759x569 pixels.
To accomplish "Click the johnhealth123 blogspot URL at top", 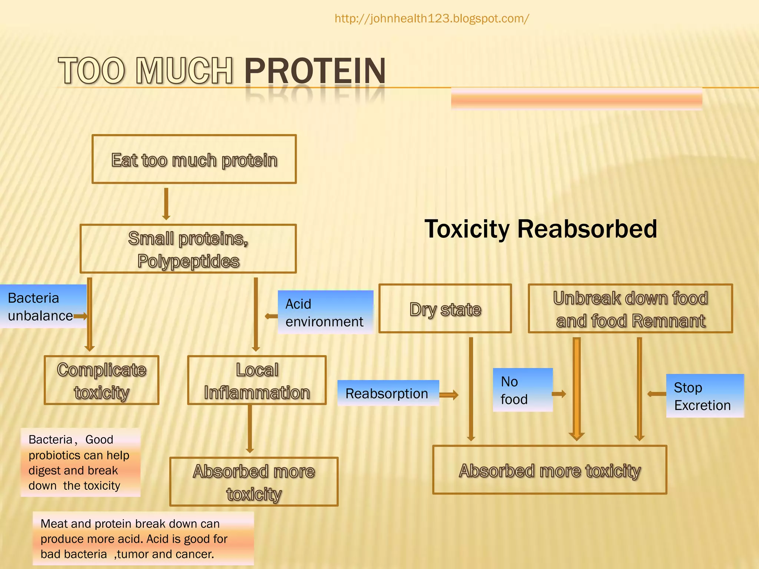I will pyautogui.click(x=432, y=19).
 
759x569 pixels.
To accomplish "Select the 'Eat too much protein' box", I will pyautogui.click(x=194, y=159).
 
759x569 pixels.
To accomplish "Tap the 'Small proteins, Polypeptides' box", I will pyautogui.click(x=188, y=249).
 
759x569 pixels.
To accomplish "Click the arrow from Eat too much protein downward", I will pyautogui.click(x=166, y=204).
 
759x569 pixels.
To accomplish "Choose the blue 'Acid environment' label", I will pyautogui.click(x=325, y=312).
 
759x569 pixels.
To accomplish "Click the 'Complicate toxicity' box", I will pyautogui.click(x=101, y=380).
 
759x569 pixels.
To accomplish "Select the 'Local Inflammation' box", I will pyautogui.click(x=257, y=380).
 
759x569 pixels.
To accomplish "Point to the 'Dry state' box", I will pyautogui.click(x=445, y=309).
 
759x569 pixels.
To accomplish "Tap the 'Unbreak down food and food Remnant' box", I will pyautogui.click(x=630, y=309).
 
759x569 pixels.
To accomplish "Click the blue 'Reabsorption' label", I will pyautogui.click(x=388, y=393).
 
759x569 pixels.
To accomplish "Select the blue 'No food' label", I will pyautogui.click(x=522, y=390).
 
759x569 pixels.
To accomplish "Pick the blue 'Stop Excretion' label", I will pyautogui.click(x=704, y=396).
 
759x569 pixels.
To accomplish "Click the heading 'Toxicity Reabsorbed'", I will pyautogui.click(x=540, y=229).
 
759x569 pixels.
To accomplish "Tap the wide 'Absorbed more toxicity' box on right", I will pyautogui.click(x=550, y=470).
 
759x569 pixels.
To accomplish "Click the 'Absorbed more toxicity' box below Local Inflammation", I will pyautogui.click(x=254, y=482).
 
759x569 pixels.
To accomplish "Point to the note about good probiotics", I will pyautogui.click(x=80, y=462).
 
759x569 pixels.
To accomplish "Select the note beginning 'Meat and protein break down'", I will pyautogui.click(x=143, y=539).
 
